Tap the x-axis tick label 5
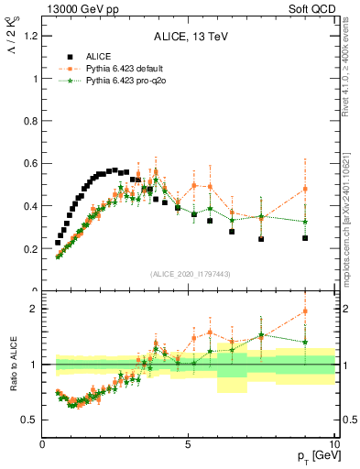tap(188, 444)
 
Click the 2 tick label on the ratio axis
tap(34, 309)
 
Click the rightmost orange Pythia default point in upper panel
tap(305, 189)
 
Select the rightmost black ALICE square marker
tap(305, 238)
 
